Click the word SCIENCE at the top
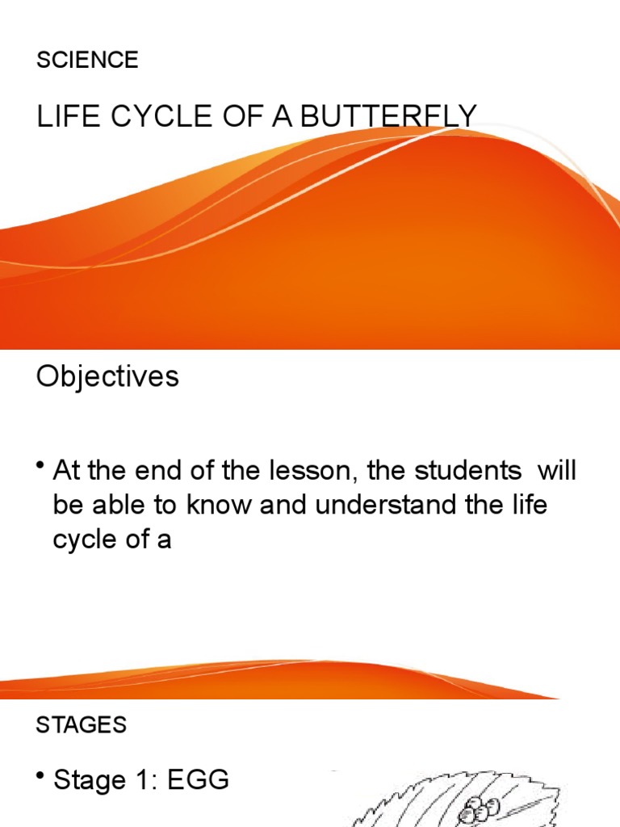87,60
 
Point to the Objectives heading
107,376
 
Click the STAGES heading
81,725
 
